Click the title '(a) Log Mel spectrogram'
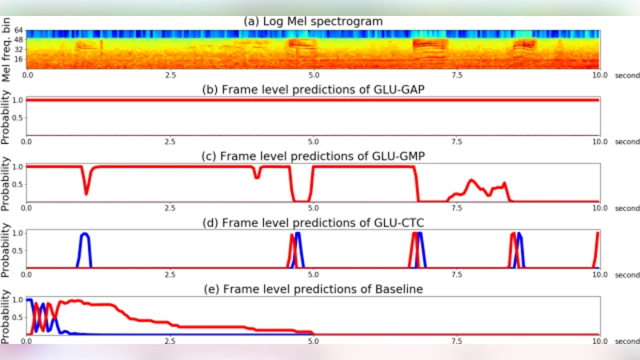pos(314,22)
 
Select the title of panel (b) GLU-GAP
pos(314,88)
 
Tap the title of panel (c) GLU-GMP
pos(314,154)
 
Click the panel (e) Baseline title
pos(314,288)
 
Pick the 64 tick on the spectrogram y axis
pos(19,32)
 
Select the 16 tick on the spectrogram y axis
pos(19,60)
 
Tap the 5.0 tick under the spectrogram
pos(313,74)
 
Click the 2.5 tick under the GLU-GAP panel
pos(170,141)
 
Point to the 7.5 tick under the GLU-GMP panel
pos(456,207)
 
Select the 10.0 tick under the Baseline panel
pos(599,341)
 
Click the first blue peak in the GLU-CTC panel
pos(85,236)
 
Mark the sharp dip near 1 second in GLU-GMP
pos(86,191)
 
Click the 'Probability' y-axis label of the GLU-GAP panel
pos(7,115)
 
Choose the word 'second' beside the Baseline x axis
pos(626,341)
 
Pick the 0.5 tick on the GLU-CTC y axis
pos(18,250)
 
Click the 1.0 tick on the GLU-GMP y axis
pos(18,166)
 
